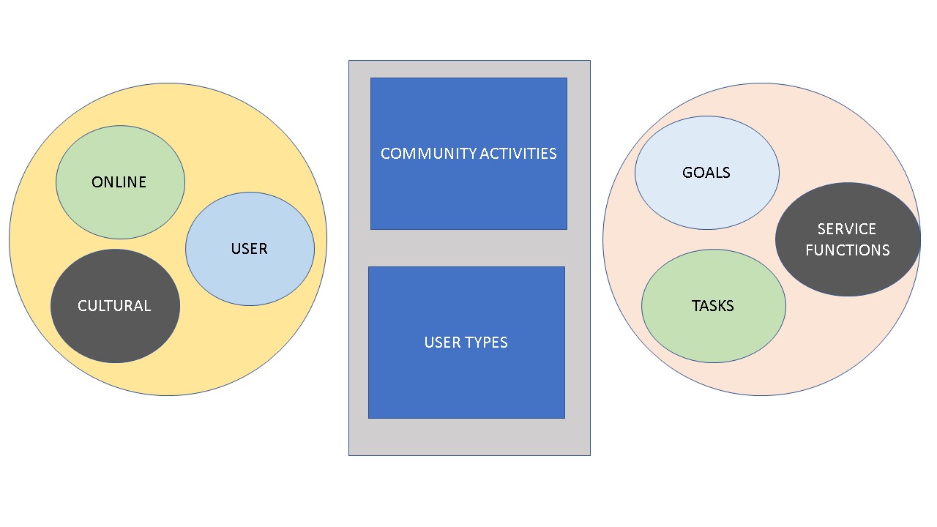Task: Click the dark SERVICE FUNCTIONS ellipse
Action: pyautogui.click(x=848, y=271)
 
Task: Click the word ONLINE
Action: pyautogui.click(x=119, y=182)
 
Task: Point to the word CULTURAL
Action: pyautogui.click(x=114, y=306)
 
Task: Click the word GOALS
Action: pyautogui.click(x=706, y=173)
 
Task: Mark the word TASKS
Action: pyautogui.click(x=713, y=306)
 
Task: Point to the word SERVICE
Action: pyautogui.click(x=847, y=229)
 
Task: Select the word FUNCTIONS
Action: pyautogui.click(x=848, y=250)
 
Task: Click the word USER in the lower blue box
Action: pyautogui.click(x=441, y=343)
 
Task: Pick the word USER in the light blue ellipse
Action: pyautogui.click(x=250, y=249)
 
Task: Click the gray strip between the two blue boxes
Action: pyautogui.click(x=468, y=248)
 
